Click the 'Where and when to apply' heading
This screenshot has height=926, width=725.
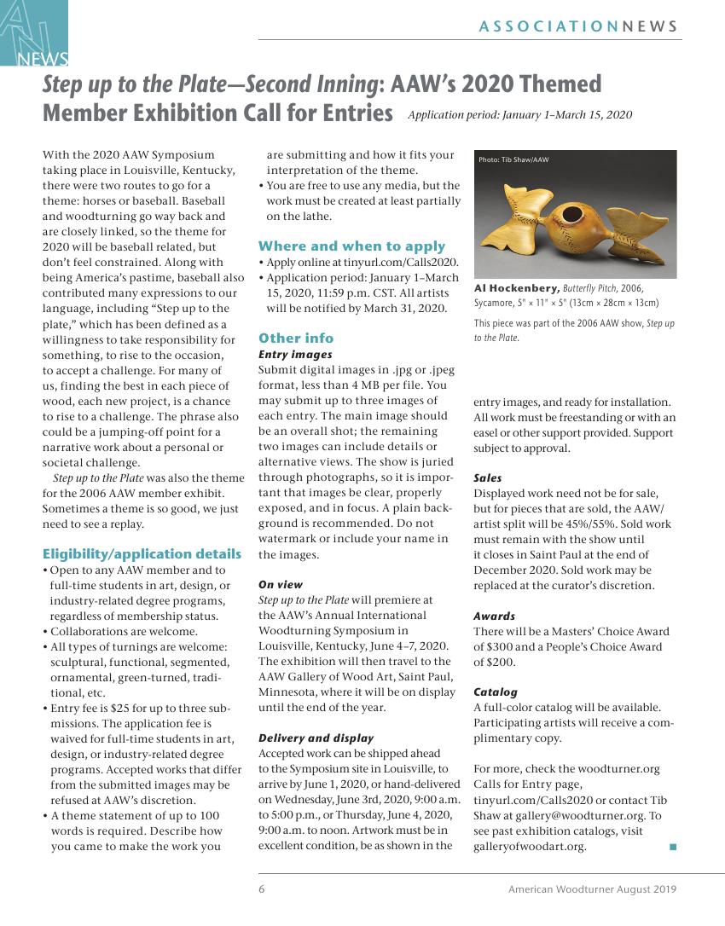tap(351, 246)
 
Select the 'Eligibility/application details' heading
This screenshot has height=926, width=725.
tap(142, 554)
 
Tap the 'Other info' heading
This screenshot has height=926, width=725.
tap(296, 338)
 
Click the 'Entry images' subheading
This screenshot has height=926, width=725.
tap(295, 354)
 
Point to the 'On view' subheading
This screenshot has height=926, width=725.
tap(281, 585)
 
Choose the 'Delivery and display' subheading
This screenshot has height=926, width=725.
tap(316, 738)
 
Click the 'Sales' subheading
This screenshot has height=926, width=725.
tap(488, 478)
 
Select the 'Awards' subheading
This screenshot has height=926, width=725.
tap(495, 616)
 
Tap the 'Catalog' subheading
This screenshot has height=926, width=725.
tap(496, 692)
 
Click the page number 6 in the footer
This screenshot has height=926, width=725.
tap(262, 889)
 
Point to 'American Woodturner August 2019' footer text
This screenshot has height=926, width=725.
tap(592, 889)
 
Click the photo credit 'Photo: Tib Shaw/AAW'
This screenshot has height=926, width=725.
tap(513, 159)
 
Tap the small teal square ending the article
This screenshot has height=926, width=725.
tap(672, 847)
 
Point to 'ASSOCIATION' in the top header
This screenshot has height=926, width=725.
tap(548, 26)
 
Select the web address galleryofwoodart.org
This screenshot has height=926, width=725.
tap(530, 846)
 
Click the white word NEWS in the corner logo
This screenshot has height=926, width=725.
tap(43, 59)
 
